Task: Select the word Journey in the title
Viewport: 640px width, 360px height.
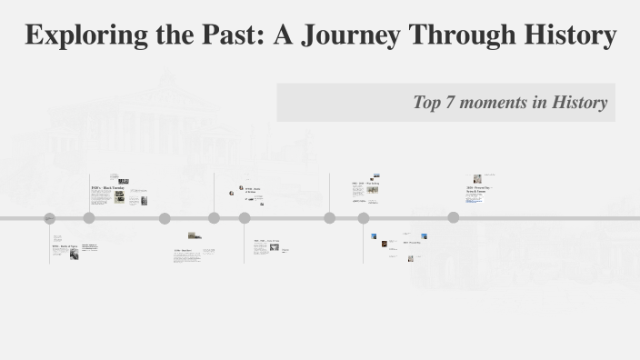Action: point(351,35)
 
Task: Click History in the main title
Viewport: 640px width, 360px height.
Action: point(568,35)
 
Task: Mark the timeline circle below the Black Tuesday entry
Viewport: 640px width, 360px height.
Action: point(89,218)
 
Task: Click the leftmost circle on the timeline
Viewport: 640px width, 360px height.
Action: point(50,218)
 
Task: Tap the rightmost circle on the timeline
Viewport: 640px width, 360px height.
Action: point(453,217)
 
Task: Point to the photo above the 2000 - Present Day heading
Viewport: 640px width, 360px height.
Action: point(477,178)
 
